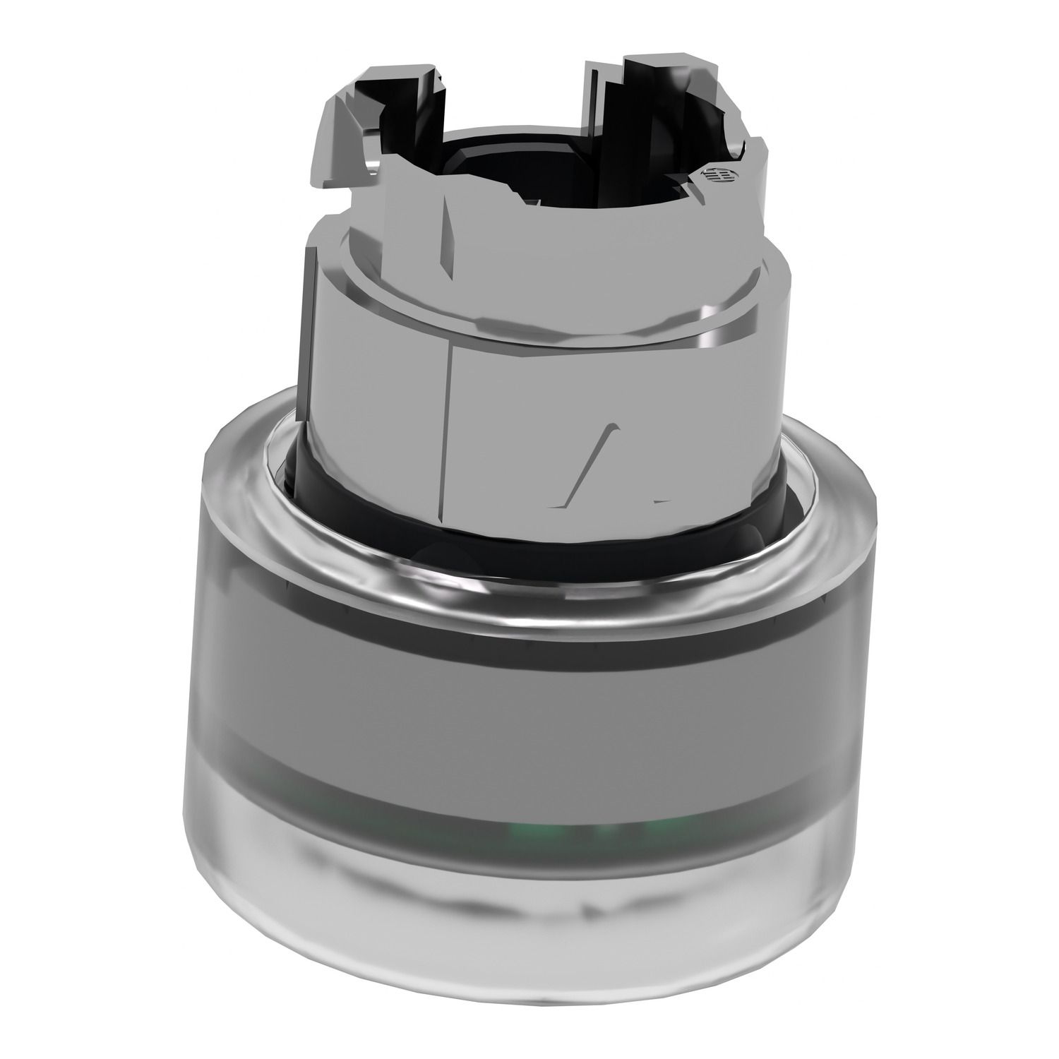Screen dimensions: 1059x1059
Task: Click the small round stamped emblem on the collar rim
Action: [x=707, y=175]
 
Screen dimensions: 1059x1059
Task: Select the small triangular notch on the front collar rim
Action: [x=526, y=205]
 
